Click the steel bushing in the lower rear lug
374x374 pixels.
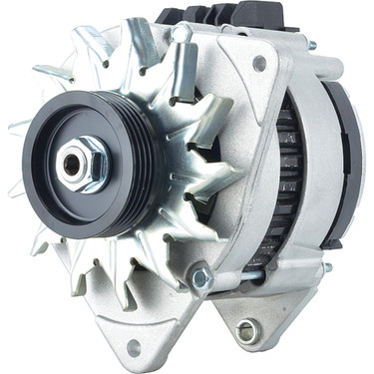click(x=245, y=330)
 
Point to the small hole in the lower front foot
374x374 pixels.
click(x=134, y=346)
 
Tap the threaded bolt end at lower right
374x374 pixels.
click(x=327, y=267)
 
